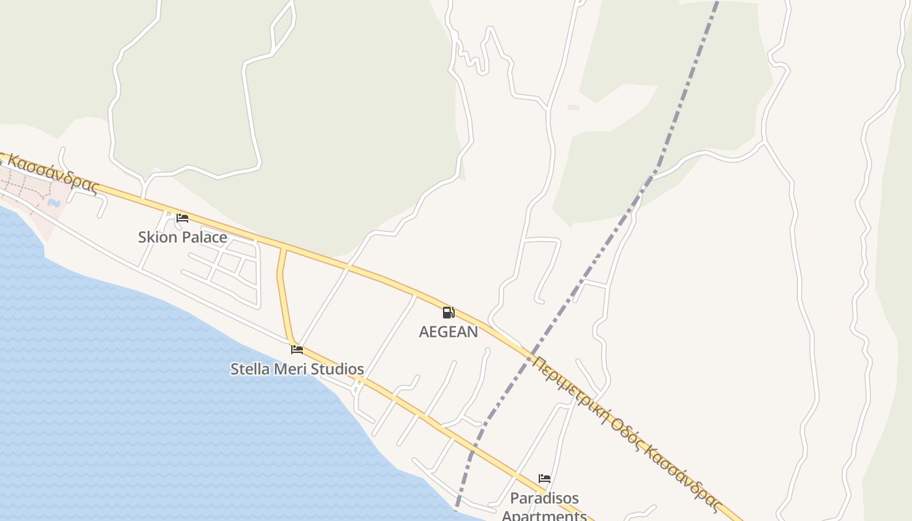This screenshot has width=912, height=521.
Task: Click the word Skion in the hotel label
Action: tap(158, 237)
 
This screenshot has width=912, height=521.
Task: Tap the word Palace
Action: tap(204, 237)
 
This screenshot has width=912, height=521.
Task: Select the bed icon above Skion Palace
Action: tap(182, 218)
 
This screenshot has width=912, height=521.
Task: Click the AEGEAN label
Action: tap(448, 331)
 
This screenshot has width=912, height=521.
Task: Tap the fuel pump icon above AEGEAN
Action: tap(448, 313)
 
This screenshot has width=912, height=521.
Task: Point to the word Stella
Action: tap(251, 369)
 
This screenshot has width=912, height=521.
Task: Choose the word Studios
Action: tap(337, 369)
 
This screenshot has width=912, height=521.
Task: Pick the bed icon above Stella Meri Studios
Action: tap(297, 350)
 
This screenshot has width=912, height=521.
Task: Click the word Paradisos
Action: tap(544, 499)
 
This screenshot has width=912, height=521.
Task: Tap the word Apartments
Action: tap(544, 515)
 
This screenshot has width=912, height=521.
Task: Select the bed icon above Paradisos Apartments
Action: tap(545, 479)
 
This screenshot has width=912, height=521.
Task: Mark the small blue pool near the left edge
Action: tap(54, 203)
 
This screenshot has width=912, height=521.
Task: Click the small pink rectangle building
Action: tap(573, 107)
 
